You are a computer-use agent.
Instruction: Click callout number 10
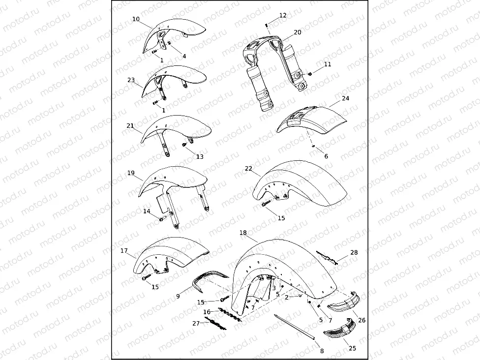[x=136, y=19]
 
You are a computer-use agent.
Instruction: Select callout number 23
[x=131, y=80]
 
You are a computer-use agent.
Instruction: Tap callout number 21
[x=130, y=126]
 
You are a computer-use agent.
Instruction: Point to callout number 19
[x=131, y=173]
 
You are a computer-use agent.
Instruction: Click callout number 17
[x=124, y=251]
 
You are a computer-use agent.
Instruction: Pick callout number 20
[x=298, y=32]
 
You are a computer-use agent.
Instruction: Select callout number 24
[x=346, y=98]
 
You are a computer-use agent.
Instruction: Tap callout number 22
[x=249, y=168]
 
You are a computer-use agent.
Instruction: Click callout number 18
[x=243, y=232]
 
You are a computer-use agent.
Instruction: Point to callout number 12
[x=283, y=15]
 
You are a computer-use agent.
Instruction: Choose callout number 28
[x=354, y=252]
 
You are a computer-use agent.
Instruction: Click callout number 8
[x=322, y=351]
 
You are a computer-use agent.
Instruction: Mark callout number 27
[x=196, y=323]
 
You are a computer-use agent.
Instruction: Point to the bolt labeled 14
[x=161, y=218]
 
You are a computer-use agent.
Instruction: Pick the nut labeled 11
[x=310, y=74]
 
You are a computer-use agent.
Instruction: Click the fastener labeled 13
[x=184, y=145]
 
